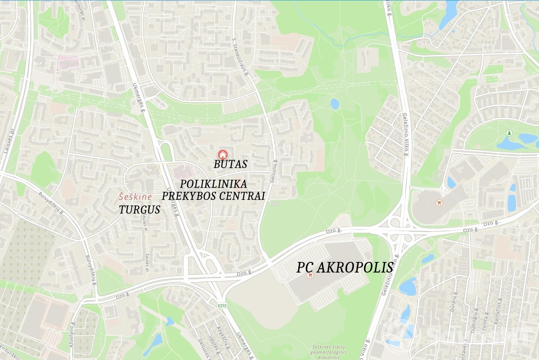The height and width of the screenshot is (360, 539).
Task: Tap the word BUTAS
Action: pos(230,164)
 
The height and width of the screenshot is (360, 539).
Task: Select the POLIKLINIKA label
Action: pos(214,184)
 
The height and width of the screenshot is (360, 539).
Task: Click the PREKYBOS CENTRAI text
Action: pos(214,196)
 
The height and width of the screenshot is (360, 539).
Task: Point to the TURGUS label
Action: pos(140,210)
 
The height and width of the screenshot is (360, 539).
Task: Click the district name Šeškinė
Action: pos(135,197)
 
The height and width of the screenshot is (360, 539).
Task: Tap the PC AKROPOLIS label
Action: pos(345,267)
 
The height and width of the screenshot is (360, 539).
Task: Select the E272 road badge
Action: pos(223,306)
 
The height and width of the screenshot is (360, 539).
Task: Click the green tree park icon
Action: pos(509,133)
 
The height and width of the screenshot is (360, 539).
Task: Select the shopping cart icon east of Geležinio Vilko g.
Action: pos(439,202)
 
